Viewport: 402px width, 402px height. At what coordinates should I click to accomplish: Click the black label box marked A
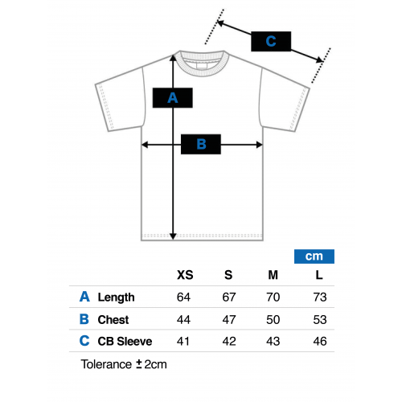click(x=173, y=98)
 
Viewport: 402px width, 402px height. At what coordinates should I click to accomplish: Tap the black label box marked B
click(x=201, y=144)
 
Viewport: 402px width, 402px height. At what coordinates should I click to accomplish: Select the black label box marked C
click(x=271, y=41)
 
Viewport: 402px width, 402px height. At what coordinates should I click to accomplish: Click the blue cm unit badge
click(x=314, y=256)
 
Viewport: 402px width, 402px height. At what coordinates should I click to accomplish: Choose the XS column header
click(x=185, y=275)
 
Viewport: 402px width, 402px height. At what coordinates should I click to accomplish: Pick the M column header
click(x=273, y=275)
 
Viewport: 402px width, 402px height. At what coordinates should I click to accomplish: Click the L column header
click(x=319, y=275)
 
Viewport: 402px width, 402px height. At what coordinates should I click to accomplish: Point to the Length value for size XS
click(x=183, y=297)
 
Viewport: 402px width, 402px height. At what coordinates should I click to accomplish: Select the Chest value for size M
click(x=273, y=319)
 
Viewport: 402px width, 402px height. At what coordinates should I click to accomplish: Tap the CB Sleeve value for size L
click(x=320, y=341)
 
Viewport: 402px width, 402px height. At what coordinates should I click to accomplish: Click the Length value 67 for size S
click(x=229, y=297)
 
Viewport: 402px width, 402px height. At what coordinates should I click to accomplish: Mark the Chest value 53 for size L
click(x=320, y=319)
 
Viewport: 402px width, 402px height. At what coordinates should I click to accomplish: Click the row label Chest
click(x=113, y=320)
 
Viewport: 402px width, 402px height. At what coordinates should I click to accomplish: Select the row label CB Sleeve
click(x=125, y=342)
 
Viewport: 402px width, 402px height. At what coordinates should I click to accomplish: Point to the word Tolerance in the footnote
click(x=106, y=364)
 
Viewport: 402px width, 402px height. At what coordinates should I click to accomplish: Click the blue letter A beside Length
click(x=84, y=297)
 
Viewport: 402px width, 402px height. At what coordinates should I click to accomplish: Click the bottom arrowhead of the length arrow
click(x=173, y=236)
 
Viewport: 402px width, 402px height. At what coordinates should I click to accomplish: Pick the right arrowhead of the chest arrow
click(x=259, y=145)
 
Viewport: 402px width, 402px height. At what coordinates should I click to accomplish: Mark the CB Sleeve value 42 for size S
click(x=229, y=341)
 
